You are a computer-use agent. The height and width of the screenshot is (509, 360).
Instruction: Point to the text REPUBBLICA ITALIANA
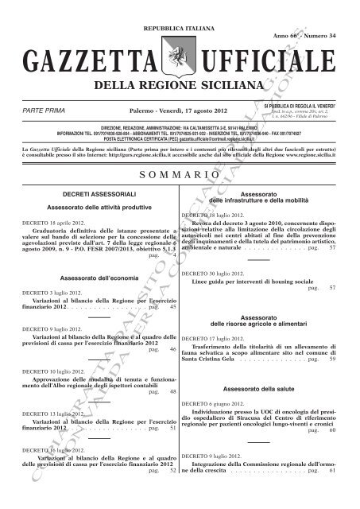click(x=180, y=26)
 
